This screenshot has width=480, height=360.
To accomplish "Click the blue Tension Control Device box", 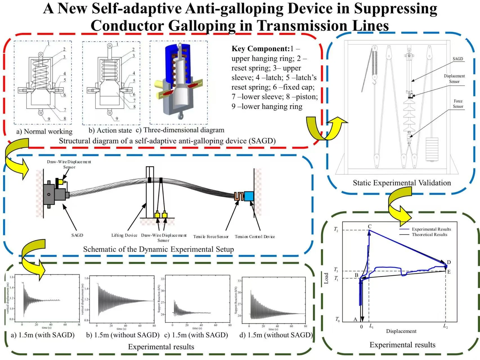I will click(249, 196).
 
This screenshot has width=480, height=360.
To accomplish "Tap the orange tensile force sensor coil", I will click(239, 196).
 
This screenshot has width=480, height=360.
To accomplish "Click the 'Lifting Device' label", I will click(124, 235).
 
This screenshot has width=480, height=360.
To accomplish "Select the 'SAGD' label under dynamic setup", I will click(77, 235).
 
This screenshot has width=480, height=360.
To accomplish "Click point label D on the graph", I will click(449, 262).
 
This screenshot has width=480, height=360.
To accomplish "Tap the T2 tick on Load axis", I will click(336, 230).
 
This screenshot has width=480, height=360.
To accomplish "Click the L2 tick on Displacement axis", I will click(445, 326).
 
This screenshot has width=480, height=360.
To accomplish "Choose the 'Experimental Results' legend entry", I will click(431, 229).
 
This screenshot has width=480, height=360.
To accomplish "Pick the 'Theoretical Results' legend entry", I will click(429, 235).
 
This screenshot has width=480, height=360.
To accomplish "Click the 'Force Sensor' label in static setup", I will click(458, 104).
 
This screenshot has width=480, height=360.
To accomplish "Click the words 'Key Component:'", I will click(260, 49).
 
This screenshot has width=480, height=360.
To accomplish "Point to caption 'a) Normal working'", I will click(44, 131).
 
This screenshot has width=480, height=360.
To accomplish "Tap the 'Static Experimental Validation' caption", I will click(402, 183).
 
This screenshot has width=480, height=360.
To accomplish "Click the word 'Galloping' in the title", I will click(201, 26).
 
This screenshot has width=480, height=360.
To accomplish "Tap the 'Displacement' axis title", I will click(401, 331).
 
